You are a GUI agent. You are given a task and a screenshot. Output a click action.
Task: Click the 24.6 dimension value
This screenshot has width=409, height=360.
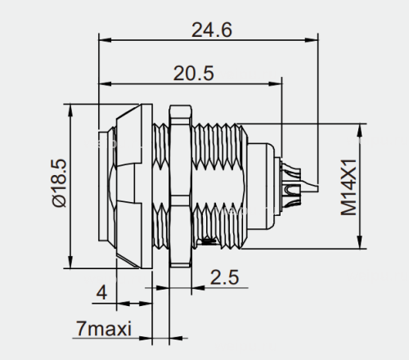pyautogui.click(x=212, y=30)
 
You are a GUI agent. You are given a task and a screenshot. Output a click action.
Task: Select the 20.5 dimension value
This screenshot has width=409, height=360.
pyautogui.click(x=194, y=74)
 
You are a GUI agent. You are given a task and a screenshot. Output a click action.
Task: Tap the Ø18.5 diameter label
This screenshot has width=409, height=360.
pyautogui.click(x=59, y=183)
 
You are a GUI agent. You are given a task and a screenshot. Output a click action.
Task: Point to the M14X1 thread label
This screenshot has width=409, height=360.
pyautogui.click(x=349, y=187)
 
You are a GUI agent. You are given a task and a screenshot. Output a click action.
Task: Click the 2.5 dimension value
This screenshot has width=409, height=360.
pyautogui.click(x=225, y=277)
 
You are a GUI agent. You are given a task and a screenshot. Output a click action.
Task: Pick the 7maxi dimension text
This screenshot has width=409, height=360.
pyautogui.click(x=104, y=328)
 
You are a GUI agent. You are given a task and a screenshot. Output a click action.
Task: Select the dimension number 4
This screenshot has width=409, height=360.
pyautogui.click(x=101, y=293)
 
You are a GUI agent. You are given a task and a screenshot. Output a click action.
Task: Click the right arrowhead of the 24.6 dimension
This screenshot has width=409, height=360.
pyautogui.click(x=312, y=40)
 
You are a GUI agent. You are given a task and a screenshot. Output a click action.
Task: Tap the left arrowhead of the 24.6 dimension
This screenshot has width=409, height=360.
pyautogui.click(x=106, y=40)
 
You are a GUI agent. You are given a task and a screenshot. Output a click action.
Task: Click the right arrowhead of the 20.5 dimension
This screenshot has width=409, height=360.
pyautogui.click(x=276, y=83)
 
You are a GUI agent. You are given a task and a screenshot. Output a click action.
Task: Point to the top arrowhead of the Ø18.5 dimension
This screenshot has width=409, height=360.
pyautogui.click(x=70, y=110)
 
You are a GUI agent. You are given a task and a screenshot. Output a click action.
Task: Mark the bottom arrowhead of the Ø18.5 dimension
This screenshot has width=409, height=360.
pyautogui.click(x=70, y=262)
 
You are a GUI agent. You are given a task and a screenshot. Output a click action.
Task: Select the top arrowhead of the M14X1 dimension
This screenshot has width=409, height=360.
pyautogui.click(x=360, y=130)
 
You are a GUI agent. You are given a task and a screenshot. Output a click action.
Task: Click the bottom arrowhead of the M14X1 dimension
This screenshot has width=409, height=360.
pyautogui.click(x=360, y=242)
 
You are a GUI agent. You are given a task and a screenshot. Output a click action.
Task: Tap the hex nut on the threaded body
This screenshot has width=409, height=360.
pyautogui.click(x=180, y=186)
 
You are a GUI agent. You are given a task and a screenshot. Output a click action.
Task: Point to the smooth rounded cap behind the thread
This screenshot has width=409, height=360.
pyautogui.click(x=260, y=186)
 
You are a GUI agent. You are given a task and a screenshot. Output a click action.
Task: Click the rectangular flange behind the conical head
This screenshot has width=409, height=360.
pyautogui.click(x=146, y=186)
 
